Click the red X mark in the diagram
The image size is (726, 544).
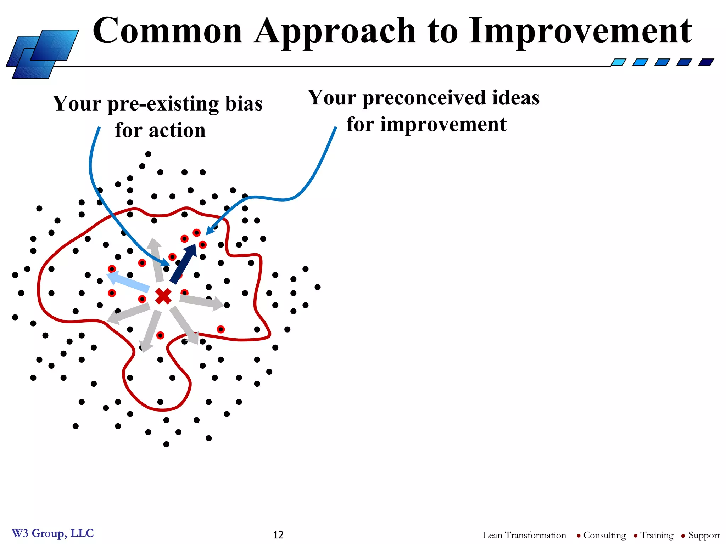coord(163,296)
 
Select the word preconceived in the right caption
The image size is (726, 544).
coord(424,98)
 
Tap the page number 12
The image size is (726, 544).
coord(278,534)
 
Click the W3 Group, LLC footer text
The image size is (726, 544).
coord(53,533)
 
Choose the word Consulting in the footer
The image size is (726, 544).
coord(604,535)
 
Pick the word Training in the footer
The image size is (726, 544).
coord(657,535)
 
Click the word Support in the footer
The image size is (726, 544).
coord(704,535)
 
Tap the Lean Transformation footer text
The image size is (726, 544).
coord(524,535)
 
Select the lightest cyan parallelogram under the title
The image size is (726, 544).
coord(619,62)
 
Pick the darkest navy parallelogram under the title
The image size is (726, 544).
coord(706,62)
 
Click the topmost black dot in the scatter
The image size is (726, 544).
coord(148,154)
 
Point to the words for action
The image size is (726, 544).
coord(160,130)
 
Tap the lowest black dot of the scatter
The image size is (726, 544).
coord(166,444)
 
